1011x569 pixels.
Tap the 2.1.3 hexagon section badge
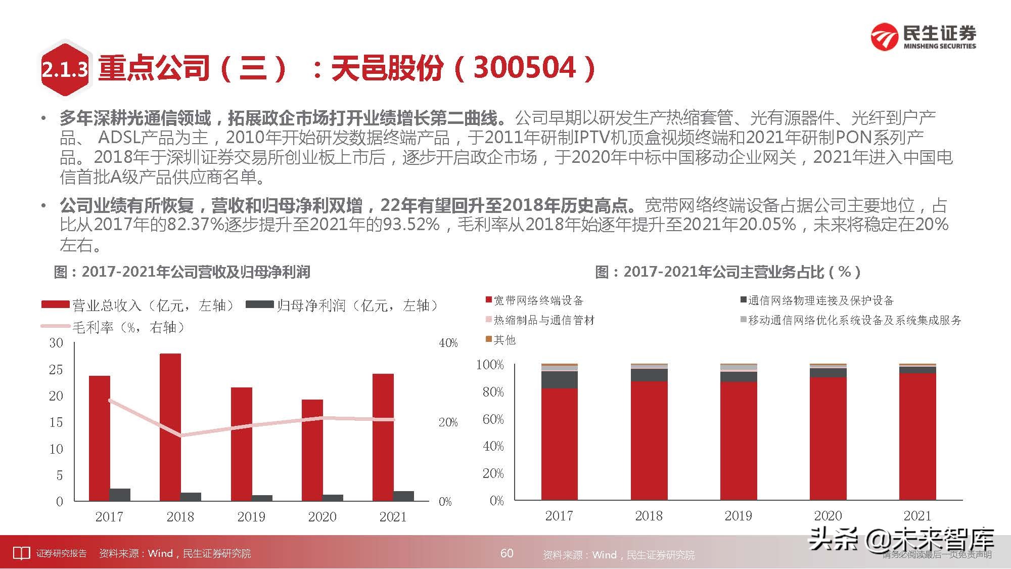click(65, 69)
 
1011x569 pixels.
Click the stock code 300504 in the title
click(525, 67)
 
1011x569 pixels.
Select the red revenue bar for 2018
click(170, 427)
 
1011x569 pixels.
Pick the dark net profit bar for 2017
click(120, 495)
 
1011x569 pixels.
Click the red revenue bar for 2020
click(312, 450)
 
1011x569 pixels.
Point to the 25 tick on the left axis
click(56, 370)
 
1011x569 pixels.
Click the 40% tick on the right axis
click(448, 343)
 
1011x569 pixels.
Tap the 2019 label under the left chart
click(251, 516)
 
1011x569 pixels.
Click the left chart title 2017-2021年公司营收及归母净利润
click(195, 272)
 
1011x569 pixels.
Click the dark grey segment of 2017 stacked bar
click(559, 379)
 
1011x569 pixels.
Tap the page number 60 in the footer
click(507, 553)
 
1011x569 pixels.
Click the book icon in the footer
click(21, 553)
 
